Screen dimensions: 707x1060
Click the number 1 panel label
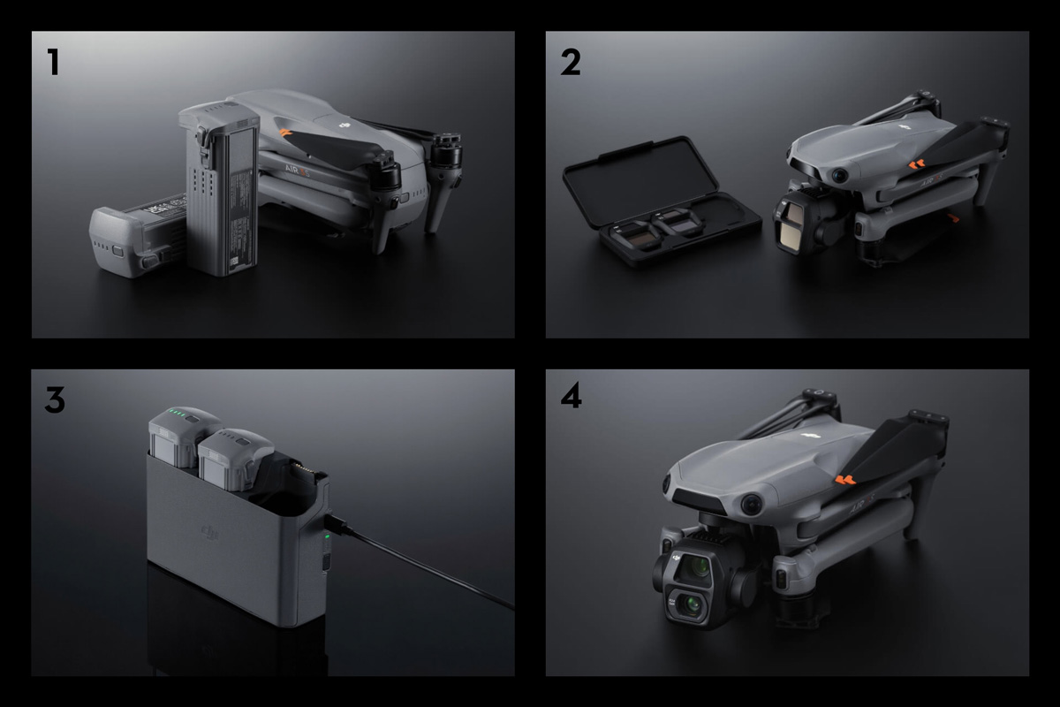click(x=54, y=62)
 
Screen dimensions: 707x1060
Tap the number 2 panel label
click(x=571, y=62)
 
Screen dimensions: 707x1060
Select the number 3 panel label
click(x=55, y=399)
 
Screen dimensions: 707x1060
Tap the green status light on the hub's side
click(x=327, y=536)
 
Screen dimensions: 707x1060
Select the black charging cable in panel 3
click(x=424, y=566)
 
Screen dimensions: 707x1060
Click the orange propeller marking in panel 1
click(x=284, y=133)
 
